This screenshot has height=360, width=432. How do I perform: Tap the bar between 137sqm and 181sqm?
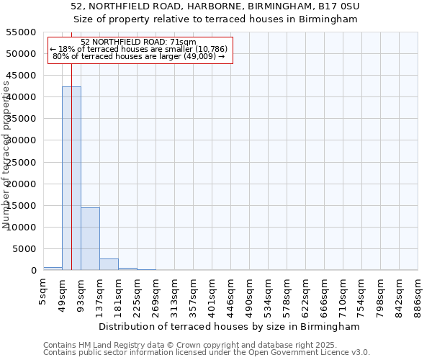click(x=109, y=264)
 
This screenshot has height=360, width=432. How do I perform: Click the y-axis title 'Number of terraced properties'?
click(x=7, y=155)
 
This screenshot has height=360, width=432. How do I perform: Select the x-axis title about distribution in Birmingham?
click(x=230, y=326)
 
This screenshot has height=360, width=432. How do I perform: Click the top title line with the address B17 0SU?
click(x=215, y=6)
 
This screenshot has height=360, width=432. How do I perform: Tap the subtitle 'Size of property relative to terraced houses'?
click(x=215, y=19)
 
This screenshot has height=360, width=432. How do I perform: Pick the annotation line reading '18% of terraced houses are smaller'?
click(x=139, y=49)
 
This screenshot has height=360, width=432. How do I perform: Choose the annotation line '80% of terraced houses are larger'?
click(x=139, y=56)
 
